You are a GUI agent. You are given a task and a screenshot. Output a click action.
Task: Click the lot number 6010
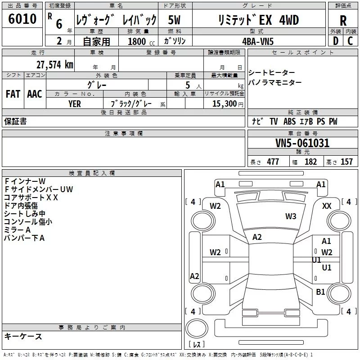pos(22,19)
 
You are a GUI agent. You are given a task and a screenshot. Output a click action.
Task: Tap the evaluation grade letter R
pos(343,21)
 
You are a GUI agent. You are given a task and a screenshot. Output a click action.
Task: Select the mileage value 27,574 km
pos(54,64)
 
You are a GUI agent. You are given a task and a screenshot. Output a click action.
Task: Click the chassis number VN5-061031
pos(302,143)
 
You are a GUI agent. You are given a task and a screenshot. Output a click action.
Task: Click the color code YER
pos(75,103)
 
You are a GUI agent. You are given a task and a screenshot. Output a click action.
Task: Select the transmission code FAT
pos(13,94)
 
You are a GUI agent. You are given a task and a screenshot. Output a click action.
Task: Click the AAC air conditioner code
pos(34,94)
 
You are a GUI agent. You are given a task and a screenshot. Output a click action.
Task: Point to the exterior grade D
pos(335,41)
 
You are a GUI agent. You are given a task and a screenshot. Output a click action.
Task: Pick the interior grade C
pos(350,41)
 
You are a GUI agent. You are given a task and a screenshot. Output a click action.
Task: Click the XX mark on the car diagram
pos(327,206)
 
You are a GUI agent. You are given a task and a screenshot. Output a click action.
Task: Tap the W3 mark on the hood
pos(291,216)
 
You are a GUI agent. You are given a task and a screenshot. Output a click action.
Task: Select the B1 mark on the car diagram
pos(320,292)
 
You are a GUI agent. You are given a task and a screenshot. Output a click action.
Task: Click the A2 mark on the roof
pos(257,237)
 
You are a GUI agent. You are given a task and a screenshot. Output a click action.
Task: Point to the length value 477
pos(273,162)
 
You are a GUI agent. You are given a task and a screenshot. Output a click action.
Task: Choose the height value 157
pos(346,162)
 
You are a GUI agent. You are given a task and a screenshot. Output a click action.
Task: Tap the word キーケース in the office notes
pos(23,337)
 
